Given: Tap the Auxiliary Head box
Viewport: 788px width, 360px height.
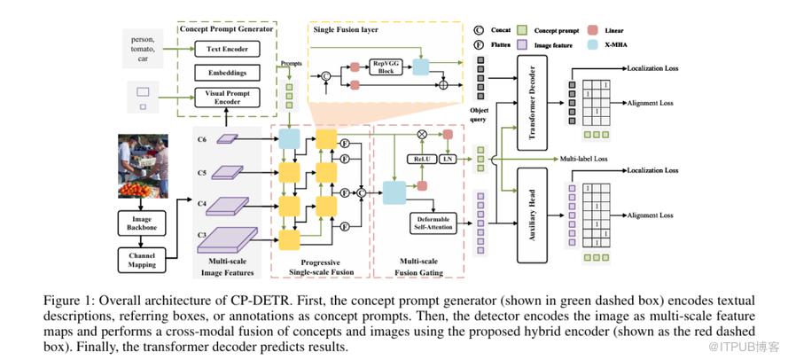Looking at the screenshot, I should [x=525, y=213].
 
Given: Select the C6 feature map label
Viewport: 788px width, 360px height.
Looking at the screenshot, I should [x=201, y=139].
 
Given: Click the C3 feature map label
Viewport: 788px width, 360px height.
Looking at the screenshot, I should [x=201, y=235].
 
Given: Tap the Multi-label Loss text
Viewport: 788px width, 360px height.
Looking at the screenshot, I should [x=584, y=158].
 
